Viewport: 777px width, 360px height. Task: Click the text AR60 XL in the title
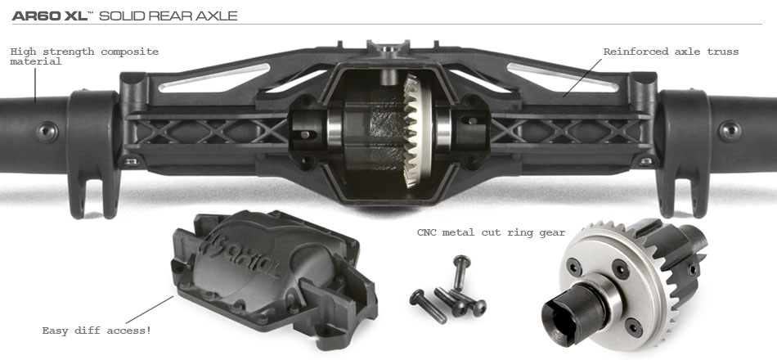(x=50, y=16)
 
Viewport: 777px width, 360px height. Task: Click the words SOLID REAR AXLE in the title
(x=168, y=16)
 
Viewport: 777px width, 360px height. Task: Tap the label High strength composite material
(x=84, y=56)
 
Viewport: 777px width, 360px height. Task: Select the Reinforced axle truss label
(x=671, y=52)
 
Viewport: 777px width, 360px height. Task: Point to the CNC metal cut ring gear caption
(x=491, y=232)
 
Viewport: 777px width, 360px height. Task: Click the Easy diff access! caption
(x=97, y=331)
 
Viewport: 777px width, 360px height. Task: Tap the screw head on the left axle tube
(x=47, y=132)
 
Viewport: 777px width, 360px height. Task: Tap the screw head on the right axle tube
(x=730, y=131)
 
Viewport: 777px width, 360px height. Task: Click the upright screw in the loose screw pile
(x=460, y=272)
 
